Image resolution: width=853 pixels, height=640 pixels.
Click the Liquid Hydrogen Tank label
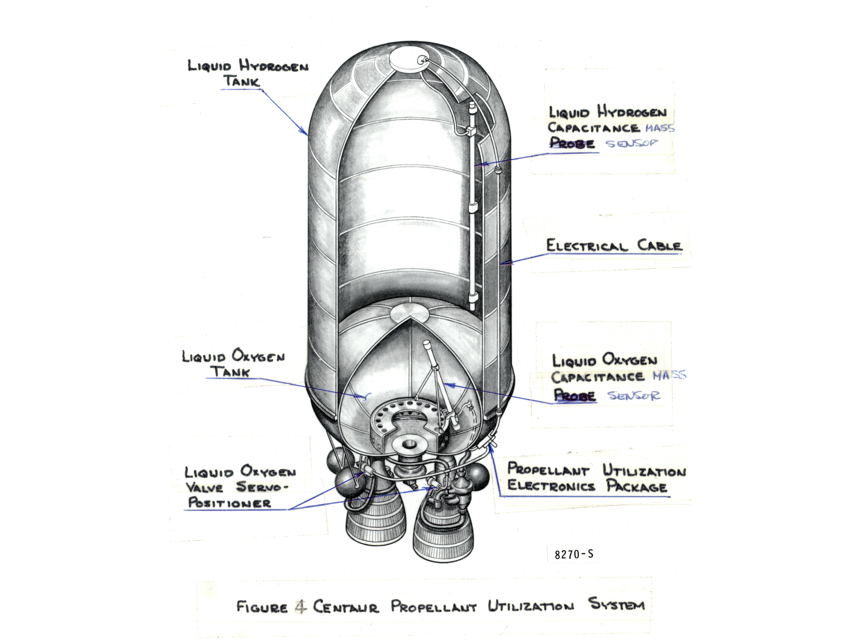pos(248,73)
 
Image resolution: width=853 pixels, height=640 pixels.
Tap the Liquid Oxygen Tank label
pos(233,363)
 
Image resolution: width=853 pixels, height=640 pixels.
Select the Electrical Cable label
pos(614,246)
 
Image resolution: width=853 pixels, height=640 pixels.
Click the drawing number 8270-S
pos(573,554)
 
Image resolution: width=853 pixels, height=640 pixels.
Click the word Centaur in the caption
pos(345,606)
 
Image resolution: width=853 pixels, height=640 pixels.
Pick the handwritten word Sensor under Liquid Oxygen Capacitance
pos(634,395)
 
